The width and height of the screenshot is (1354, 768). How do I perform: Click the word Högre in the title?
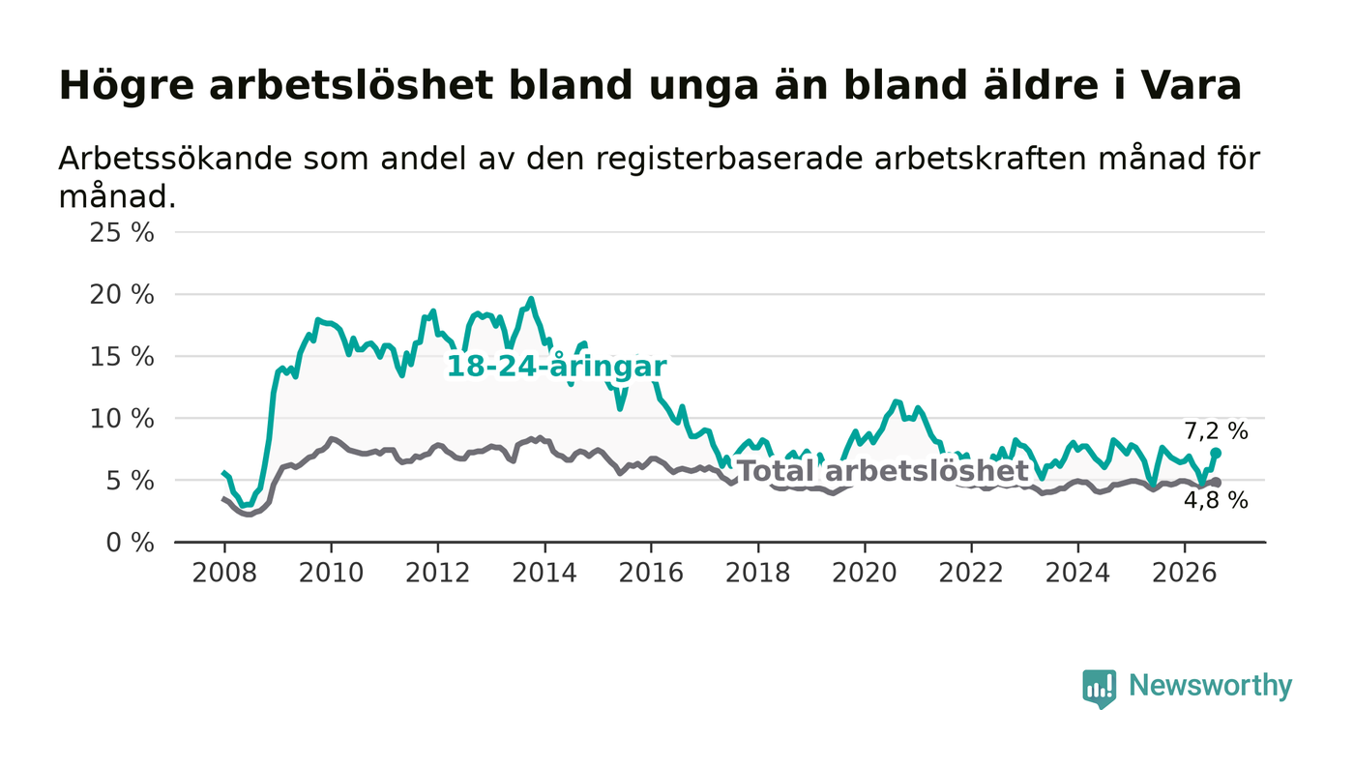point(127,86)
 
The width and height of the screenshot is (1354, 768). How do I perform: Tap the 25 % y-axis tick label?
point(122,232)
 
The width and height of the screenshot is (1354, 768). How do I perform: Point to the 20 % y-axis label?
point(122,294)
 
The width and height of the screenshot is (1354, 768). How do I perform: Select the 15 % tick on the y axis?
point(122,357)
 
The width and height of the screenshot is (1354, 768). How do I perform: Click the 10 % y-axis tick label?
point(122,419)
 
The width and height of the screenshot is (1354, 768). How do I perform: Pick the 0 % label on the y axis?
point(130,543)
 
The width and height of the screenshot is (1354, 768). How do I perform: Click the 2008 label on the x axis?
point(224,573)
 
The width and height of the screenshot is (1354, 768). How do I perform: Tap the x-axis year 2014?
point(545,573)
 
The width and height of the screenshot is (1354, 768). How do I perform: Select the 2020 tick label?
point(865,573)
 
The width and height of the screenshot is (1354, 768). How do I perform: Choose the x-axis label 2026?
point(1184,573)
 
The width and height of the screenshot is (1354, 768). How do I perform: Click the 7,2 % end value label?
point(1216,431)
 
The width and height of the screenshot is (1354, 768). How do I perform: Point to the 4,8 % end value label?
point(1216,500)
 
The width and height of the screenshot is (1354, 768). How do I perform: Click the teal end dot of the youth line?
point(1216,453)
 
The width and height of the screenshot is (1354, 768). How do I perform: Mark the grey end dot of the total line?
point(1216,482)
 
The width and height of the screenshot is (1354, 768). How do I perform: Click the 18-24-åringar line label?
point(557,367)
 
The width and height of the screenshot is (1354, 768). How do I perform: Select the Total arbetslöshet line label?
point(883,470)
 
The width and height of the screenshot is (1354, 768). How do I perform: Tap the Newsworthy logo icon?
point(1099,688)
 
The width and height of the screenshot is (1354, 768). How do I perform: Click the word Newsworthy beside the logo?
point(1210,686)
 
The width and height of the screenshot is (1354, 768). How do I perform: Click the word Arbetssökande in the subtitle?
point(175,159)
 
